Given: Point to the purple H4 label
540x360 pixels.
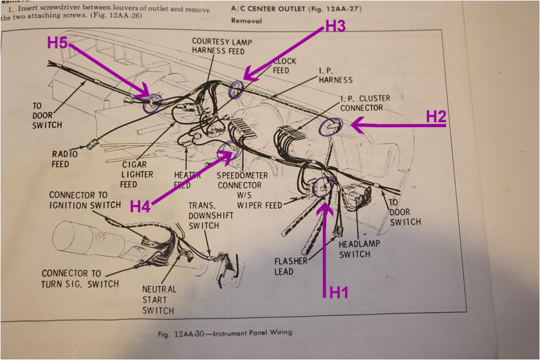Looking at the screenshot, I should (141, 206).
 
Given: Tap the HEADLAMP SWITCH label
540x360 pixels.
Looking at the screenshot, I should (354, 249).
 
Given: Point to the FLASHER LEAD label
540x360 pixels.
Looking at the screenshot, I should (292, 266).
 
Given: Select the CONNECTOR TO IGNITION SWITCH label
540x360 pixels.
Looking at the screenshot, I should (84, 200).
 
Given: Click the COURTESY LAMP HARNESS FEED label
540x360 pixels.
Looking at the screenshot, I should (218, 46).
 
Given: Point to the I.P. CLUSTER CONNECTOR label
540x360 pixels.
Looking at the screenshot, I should (365, 103).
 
